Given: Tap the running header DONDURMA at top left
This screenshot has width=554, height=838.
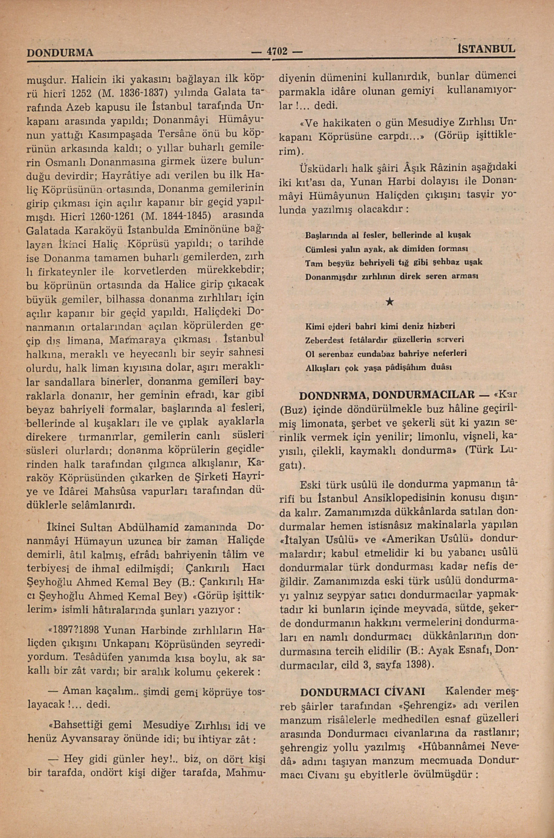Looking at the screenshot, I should click(x=60, y=53).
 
